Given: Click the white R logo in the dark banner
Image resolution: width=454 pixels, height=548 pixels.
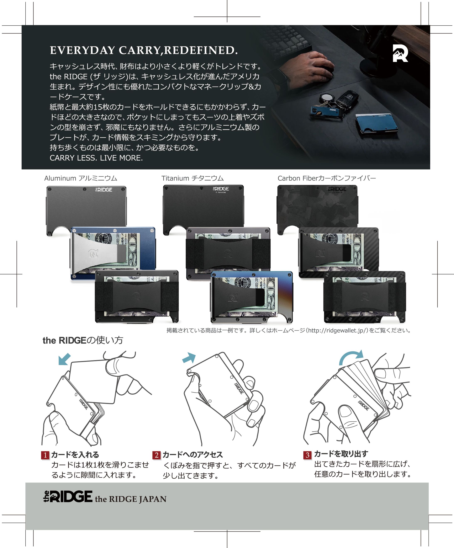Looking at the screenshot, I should point(400,53).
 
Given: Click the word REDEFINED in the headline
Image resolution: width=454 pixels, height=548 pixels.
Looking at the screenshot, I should point(201,50).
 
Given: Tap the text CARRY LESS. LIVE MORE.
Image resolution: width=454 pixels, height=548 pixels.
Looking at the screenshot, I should point(96,158).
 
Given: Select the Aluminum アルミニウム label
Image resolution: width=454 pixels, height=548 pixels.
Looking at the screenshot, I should point(81,178).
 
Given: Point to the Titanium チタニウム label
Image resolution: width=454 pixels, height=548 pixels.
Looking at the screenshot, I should point(192,178).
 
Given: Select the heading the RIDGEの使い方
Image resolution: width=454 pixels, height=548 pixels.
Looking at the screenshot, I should point(83,340).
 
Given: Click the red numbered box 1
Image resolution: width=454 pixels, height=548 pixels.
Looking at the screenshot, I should point(45,455).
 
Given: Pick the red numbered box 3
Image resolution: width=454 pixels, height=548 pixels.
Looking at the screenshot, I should point(307,455).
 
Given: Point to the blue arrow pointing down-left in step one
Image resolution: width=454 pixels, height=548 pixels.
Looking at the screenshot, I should point(64,359).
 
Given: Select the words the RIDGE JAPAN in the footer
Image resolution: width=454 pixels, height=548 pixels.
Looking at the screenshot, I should point(131,499).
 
